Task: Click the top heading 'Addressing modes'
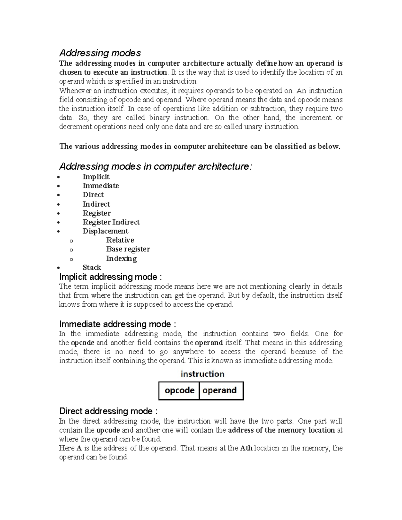[x=100, y=53]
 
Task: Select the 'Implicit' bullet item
[x=96, y=177]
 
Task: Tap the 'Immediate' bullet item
[x=100, y=186]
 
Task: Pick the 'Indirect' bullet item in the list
[x=96, y=204]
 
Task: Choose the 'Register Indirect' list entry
[x=111, y=222]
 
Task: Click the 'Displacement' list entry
[x=105, y=231]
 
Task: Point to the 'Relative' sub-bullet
[x=120, y=240]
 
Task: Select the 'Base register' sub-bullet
[x=128, y=249]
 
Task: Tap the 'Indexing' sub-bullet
[x=121, y=258]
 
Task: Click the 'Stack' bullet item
[x=92, y=267]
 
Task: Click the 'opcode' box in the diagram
[x=179, y=390]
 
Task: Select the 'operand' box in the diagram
[x=220, y=390]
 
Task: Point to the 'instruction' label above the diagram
[x=202, y=374]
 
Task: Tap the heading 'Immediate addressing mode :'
[x=117, y=324]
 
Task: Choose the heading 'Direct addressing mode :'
[x=108, y=411]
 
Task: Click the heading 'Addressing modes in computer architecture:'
[x=155, y=166]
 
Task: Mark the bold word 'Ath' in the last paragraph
[x=247, y=448]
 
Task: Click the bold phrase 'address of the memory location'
[x=281, y=430]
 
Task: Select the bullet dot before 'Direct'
[x=59, y=195]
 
